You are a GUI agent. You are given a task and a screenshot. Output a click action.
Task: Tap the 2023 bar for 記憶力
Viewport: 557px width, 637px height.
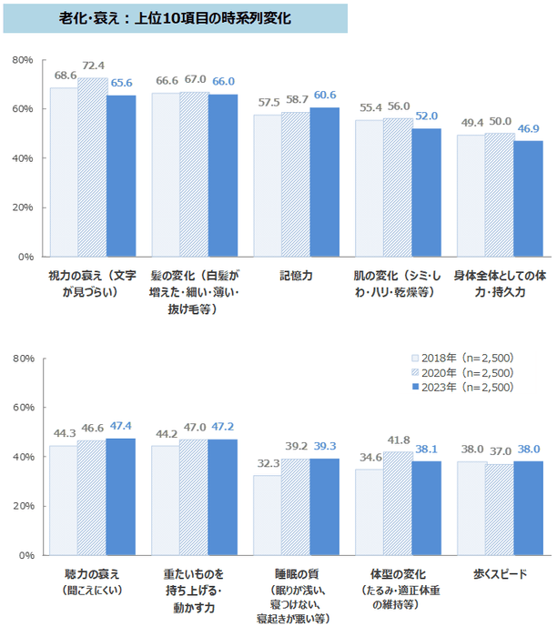(x=324, y=182)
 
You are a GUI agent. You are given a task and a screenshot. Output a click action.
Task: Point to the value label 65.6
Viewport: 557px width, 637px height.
(x=121, y=83)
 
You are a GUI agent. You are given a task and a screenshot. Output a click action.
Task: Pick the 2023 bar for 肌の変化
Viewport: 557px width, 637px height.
(x=426, y=192)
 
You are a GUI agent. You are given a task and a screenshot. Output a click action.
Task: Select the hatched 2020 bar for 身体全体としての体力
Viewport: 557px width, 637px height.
(x=500, y=195)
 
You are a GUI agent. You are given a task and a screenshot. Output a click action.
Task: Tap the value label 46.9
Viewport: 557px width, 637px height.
(x=528, y=128)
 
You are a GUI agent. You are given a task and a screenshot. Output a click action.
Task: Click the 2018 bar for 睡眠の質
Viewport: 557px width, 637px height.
(x=268, y=514)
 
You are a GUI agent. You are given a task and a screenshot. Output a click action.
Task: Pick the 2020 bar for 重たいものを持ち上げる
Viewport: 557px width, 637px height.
(x=194, y=497)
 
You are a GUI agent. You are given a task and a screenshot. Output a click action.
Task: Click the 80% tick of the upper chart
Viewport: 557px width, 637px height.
(x=23, y=60)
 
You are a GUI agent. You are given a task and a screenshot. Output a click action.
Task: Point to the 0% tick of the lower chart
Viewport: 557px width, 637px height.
(x=26, y=555)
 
